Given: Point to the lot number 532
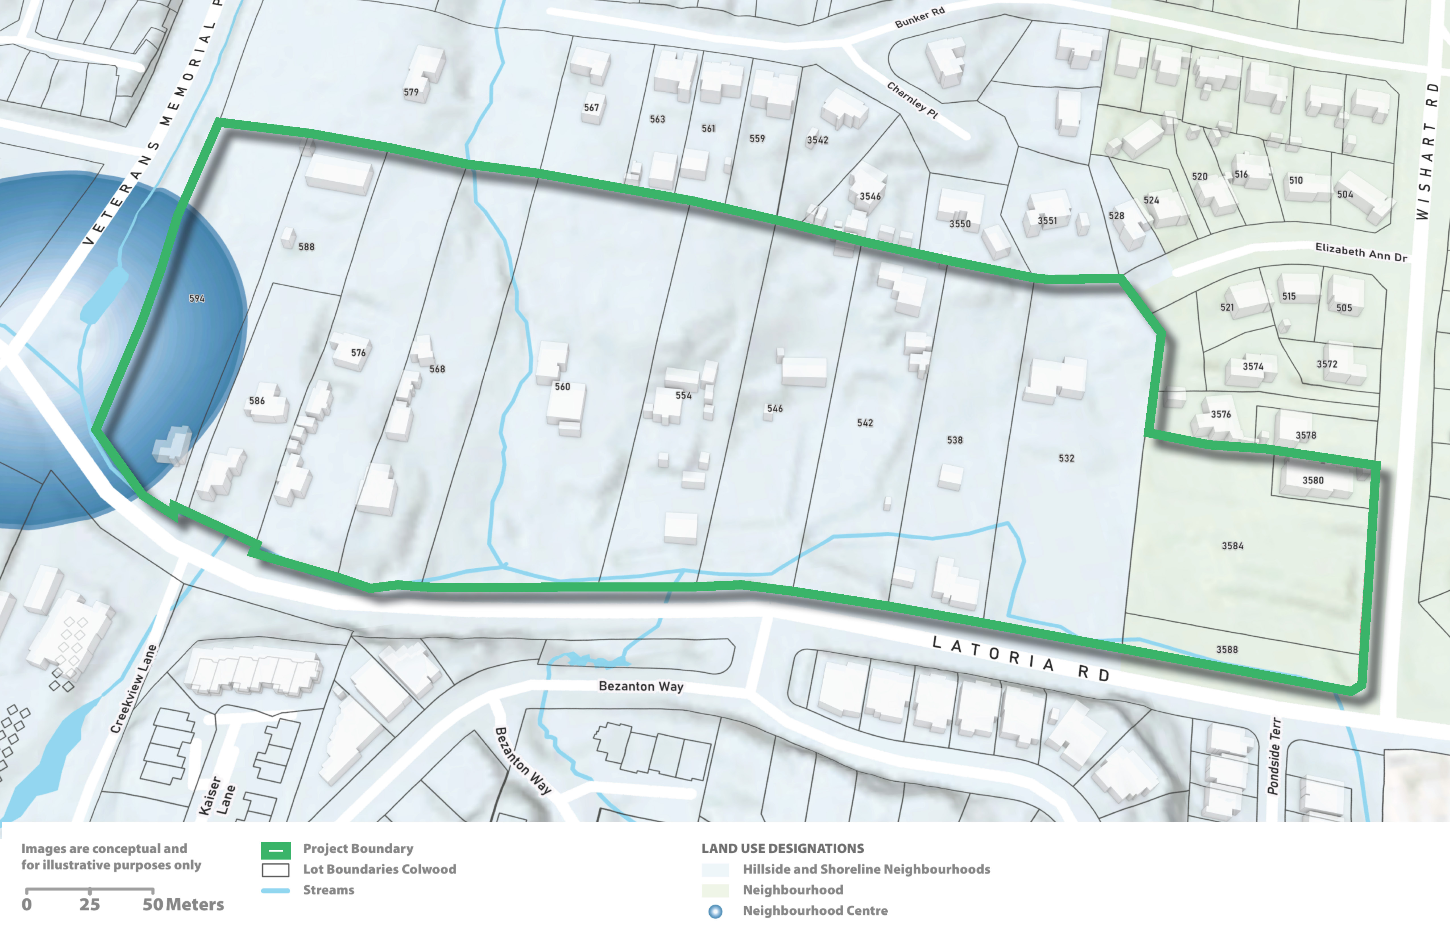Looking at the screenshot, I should click(x=1066, y=458).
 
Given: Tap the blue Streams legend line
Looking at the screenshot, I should click(x=275, y=891).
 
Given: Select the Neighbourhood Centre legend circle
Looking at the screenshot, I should click(x=715, y=911).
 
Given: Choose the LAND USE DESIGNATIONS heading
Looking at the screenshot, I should click(x=782, y=848).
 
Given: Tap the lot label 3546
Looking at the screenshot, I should click(x=870, y=196).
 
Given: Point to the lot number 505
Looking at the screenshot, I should click(x=1344, y=308).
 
